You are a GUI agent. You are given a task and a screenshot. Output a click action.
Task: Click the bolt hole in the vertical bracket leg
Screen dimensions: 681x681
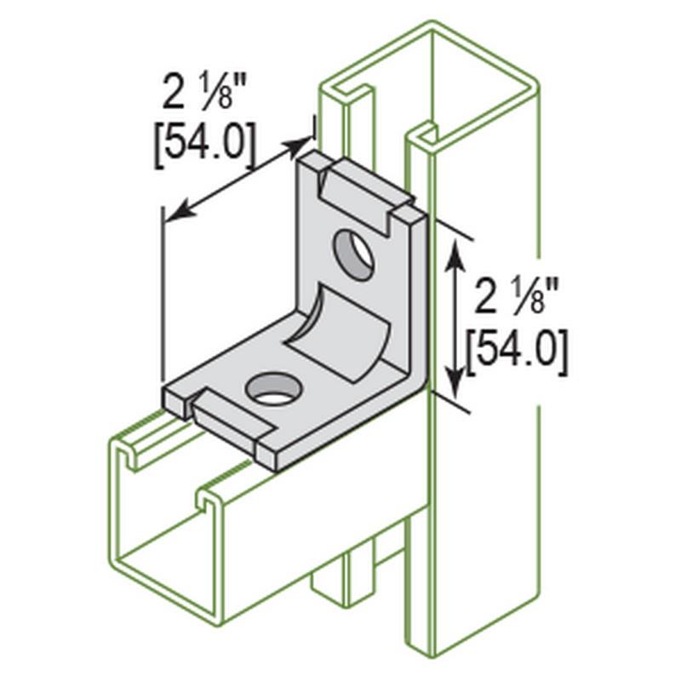pyautogui.click(x=353, y=255)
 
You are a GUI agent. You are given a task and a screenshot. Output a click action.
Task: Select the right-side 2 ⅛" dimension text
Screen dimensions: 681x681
pyautogui.click(x=516, y=296)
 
